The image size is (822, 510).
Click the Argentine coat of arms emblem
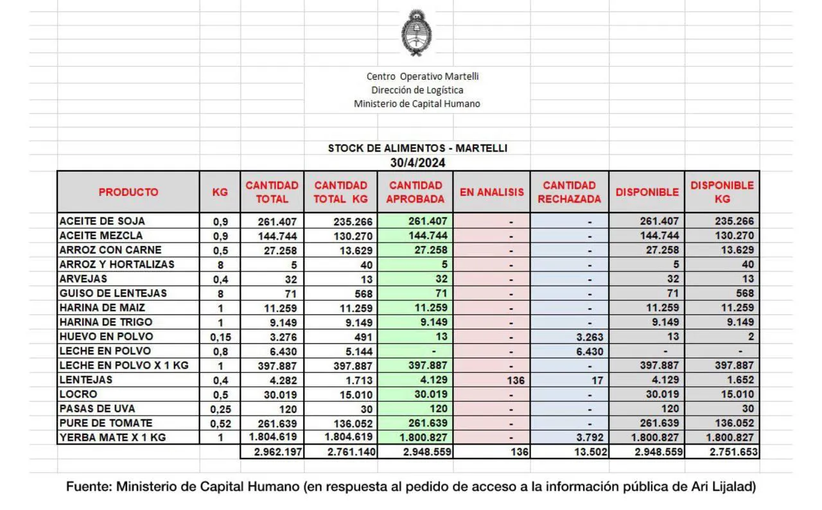(x=416, y=33)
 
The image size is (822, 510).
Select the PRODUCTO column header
(x=128, y=192)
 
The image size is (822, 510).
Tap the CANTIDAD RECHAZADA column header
(x=569, y=192)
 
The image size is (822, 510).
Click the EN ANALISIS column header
(x=491, y=192)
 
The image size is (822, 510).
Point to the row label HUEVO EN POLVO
(x=106, y=337)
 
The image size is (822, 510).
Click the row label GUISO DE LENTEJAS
(x=113, y=293)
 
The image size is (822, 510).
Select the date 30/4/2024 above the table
(x=417, y=163)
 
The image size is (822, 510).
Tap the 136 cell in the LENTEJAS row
(x=515, y=380)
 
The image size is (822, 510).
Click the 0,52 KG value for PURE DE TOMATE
(x=220, y=423)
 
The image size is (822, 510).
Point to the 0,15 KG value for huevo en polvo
(x=220, y=337)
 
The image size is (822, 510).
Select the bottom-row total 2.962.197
(x=274, y=452)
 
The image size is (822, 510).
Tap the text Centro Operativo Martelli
(x=423, y=76)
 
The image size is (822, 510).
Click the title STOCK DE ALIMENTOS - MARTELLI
(x=417, y=148)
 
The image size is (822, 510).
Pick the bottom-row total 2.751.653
(x=726, y=452)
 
